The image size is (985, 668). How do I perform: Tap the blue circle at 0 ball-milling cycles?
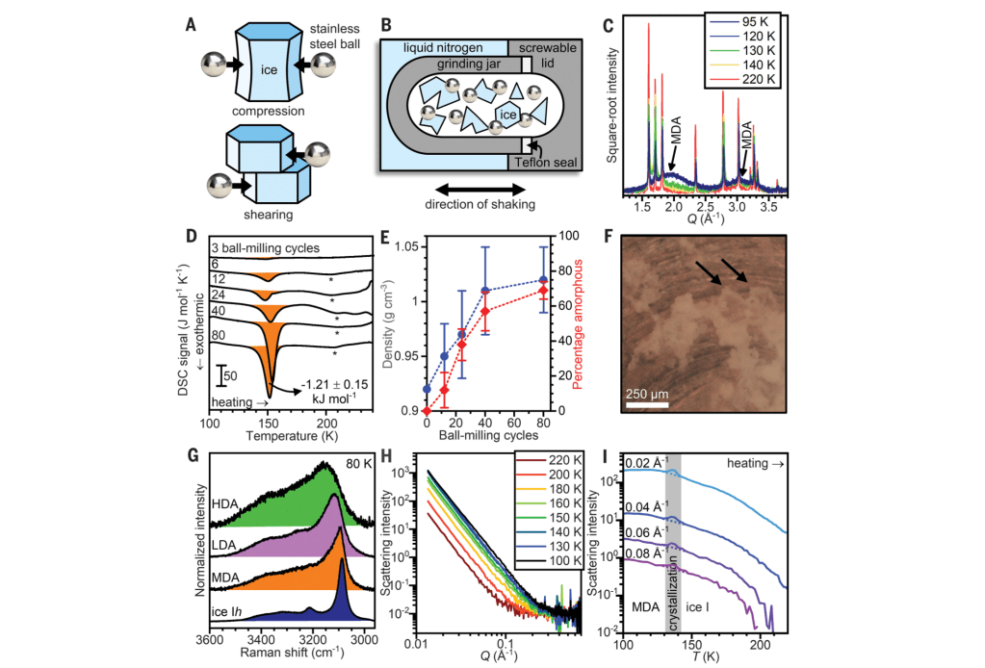point(427,389)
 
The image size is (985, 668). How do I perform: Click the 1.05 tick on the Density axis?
point(404,246)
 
